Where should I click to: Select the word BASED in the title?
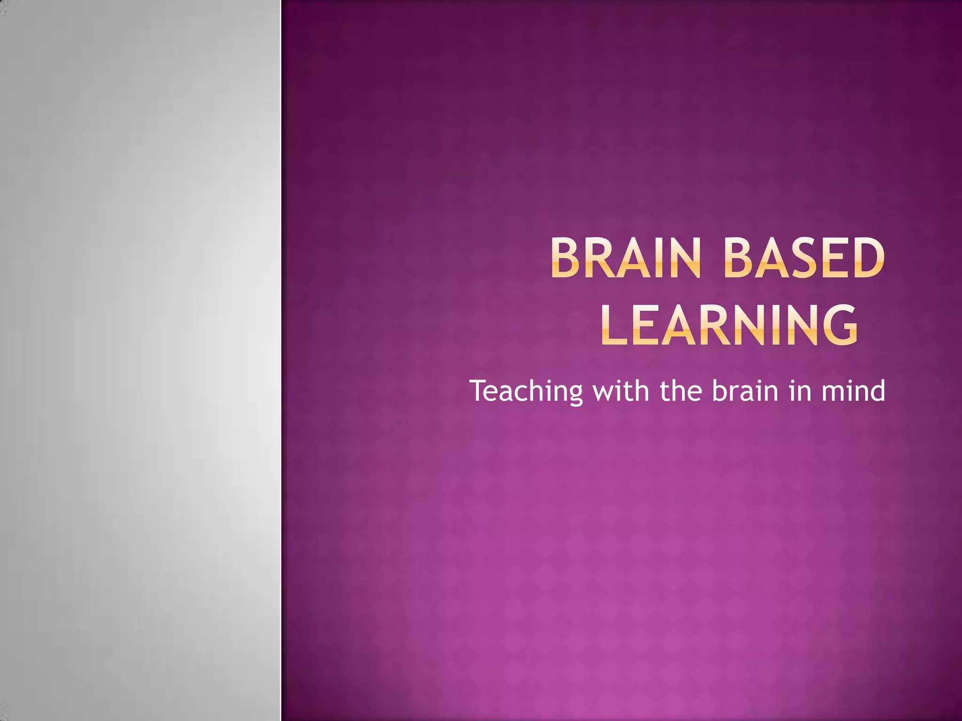point(804,258)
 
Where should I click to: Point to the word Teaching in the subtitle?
point(526,391)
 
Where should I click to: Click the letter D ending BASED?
point(867,258)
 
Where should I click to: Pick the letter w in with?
point(603,391)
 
